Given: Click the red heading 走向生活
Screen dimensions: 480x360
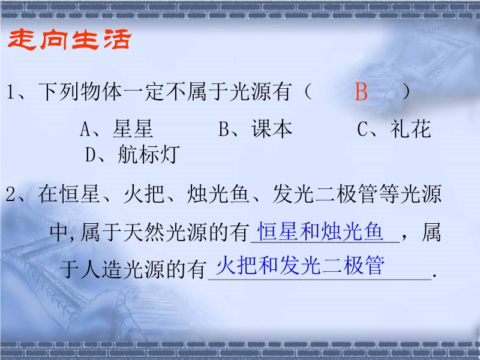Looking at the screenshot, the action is click(70, 40).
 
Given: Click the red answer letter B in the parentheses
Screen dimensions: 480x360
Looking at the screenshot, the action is click(361, 92).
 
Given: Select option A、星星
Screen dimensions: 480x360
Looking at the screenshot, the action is click(116, 128).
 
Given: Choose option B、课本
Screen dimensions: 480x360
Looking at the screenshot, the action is click(256, 128).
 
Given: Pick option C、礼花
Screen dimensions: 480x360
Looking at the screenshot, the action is click(394, 128).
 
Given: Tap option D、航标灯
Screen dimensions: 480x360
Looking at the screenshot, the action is click(132, 154).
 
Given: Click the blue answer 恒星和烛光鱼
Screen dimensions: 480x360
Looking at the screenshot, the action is click(320, 232).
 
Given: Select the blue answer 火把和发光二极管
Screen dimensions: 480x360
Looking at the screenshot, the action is click(300, 265).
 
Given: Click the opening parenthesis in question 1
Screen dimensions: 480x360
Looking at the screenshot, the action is click(308, 92).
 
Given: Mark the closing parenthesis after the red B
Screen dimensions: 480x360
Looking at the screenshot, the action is click(406, 92).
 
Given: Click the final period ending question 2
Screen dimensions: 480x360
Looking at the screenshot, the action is click(434, 277).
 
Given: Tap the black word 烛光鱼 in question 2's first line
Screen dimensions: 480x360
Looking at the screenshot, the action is click(218, 194).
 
